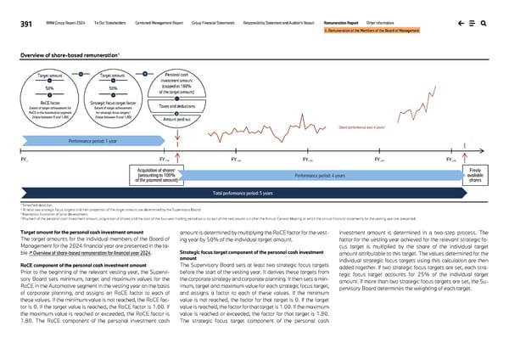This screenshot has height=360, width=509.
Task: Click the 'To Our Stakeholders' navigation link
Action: (x=89, y=25)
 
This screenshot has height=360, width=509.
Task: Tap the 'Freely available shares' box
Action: (x=477, y=174)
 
